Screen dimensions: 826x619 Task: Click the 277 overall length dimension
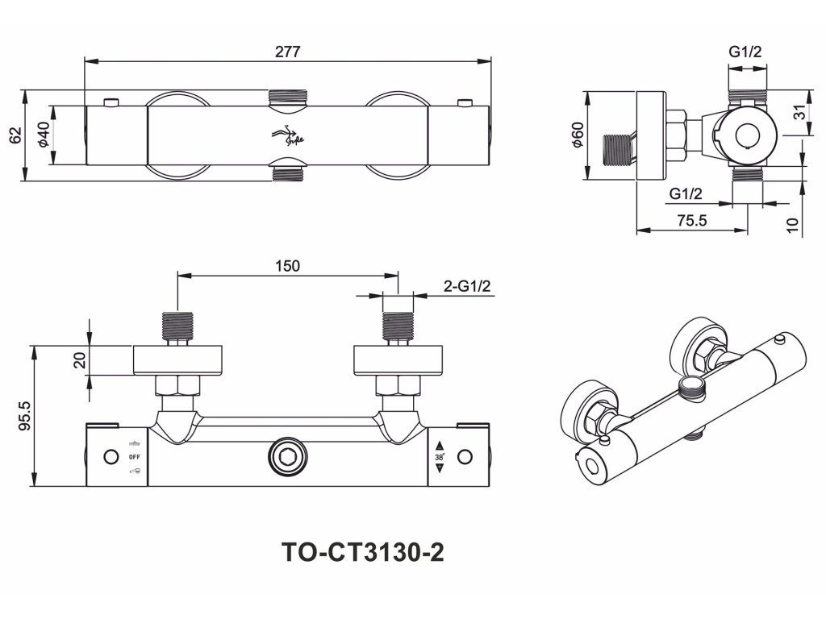point(287,52)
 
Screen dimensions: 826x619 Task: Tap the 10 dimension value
point(795,225)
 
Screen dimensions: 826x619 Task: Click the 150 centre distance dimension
point(287,267)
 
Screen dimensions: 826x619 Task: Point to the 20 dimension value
point(79,359)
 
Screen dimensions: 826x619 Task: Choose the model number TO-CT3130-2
point(363,553)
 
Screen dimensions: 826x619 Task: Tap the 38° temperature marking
point(440,456)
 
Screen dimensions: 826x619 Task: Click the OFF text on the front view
point(135,457)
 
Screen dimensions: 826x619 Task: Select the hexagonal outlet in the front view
point(287,458)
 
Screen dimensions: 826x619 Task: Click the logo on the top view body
point(287,135)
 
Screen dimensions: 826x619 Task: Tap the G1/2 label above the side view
point(745,52)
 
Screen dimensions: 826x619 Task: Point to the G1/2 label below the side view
point(686,193)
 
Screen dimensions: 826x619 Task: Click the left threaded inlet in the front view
point(177,326)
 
